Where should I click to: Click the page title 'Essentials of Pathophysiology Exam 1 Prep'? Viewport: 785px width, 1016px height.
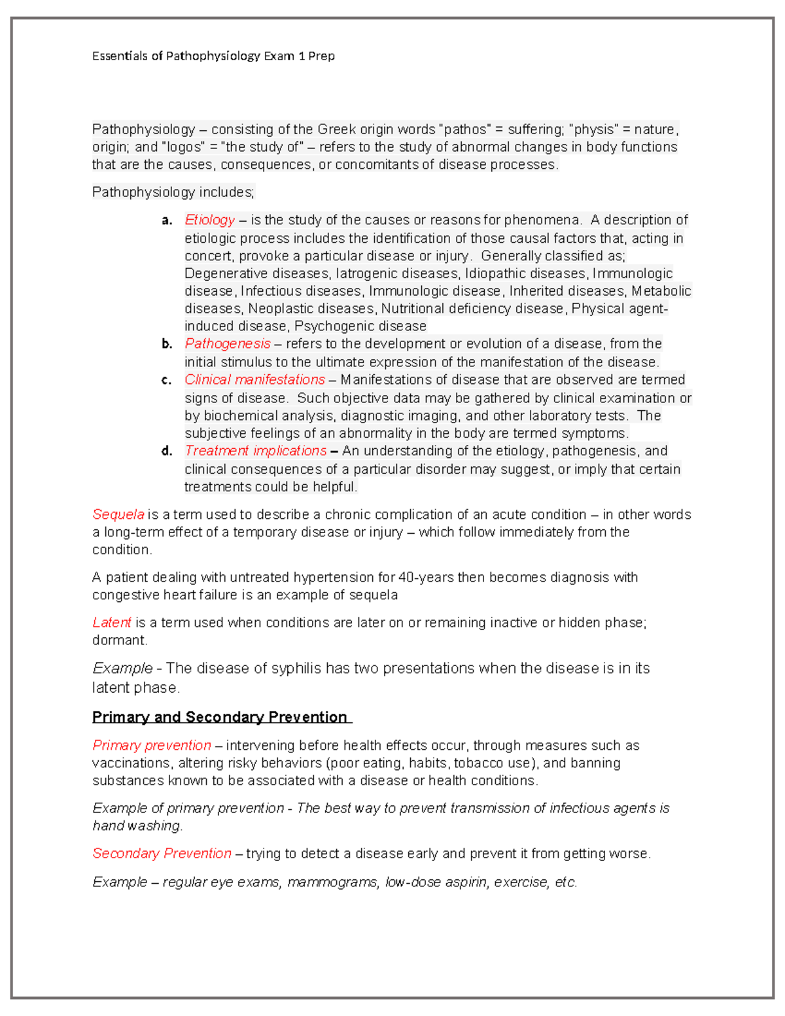pyautogui.click(x=213, y=56)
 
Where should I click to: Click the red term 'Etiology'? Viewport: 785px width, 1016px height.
pyautogui.click(x=209, y=220)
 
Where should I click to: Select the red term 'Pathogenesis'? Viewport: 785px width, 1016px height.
pyautogui.click(x=227, y=343)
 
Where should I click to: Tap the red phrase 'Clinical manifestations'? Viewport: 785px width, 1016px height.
pyautogui.click(x=254, y=379)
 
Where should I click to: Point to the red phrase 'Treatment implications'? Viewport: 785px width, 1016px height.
pyautogui.click(x=255, y=451)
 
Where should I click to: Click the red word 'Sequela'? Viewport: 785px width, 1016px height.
pyautogui.click(x=118, y=514)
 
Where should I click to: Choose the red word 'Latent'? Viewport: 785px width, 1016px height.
pyautogui.click(x=111, y=622)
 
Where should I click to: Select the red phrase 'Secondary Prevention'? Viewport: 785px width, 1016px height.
pyautogui.click(x=162, y=853)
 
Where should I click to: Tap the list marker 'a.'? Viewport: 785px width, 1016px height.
pyautogui.click(x=167, y=220)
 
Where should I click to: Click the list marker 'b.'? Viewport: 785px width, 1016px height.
pyautogui.click(x=167, y=344)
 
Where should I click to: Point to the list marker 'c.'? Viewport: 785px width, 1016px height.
pyautogui.click(x=167, y=380)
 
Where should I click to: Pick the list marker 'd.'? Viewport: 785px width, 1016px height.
pyautogui.click(x=167, y=451)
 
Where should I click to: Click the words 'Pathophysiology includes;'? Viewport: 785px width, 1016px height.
pyautogui.click(x=173, y=192)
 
